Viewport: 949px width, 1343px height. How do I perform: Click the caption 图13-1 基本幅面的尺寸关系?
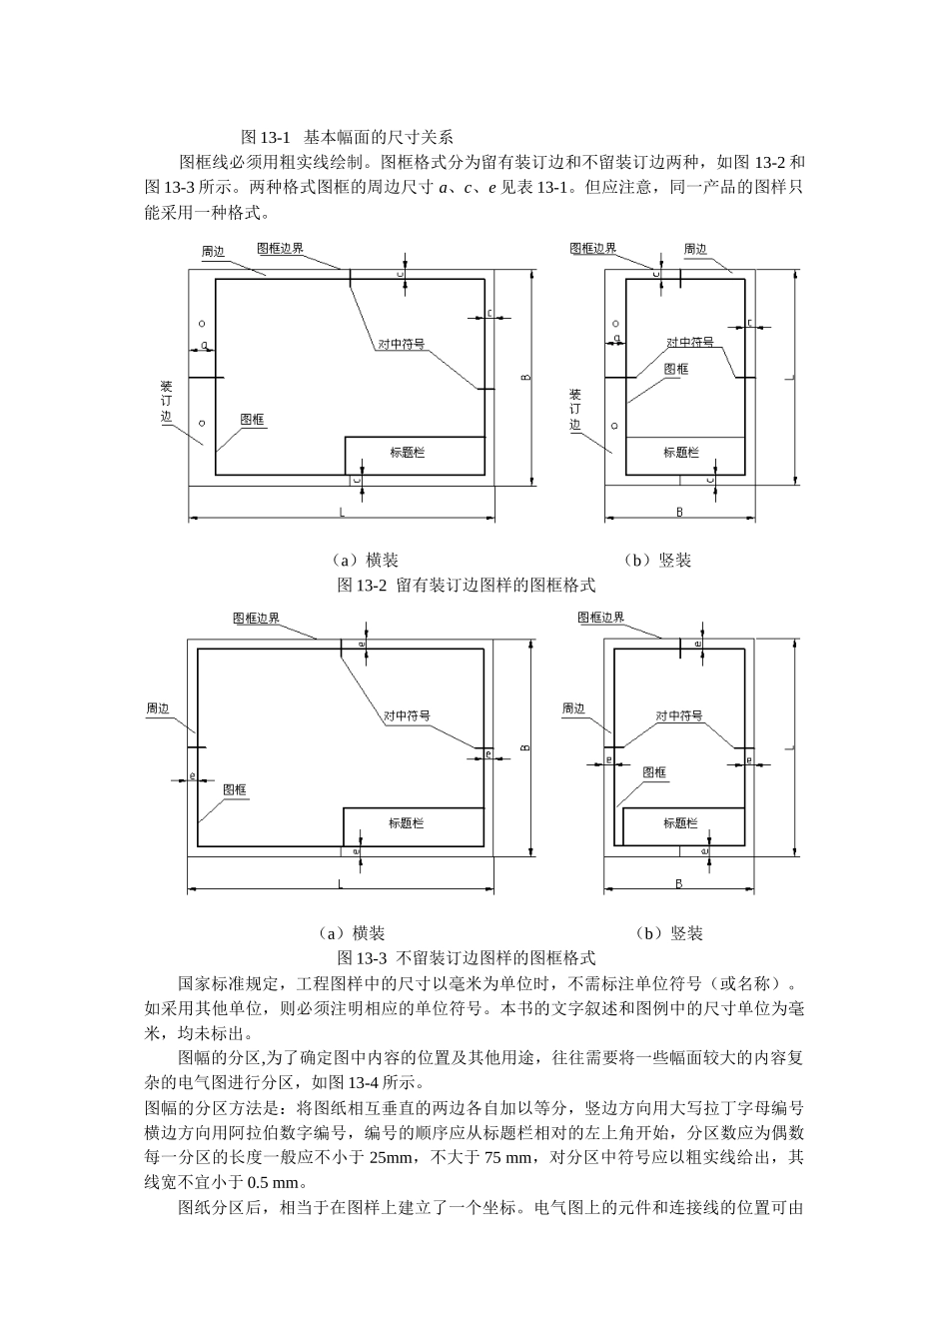[x=347, y=137]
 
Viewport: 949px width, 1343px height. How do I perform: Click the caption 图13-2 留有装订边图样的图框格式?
[x=467, y=586]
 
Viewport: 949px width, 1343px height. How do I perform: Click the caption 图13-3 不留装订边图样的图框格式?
[x=467, y=957]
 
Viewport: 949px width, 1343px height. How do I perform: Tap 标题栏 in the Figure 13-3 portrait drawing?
[x=680, y=823]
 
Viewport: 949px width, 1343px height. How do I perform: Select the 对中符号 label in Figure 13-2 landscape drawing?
[x=401, y=344]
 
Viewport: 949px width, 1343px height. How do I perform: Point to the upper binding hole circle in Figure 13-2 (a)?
[x=202, y=325]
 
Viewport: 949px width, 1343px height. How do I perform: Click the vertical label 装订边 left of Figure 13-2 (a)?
[x=168, y=404]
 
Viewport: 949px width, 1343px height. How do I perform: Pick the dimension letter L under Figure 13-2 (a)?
[x=342, y=512]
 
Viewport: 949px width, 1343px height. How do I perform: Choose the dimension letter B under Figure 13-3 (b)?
[x=679, y=883]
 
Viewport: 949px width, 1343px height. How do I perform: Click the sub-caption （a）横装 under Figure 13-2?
[x=365, y=561]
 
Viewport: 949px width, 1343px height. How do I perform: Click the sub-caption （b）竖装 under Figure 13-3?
[x=669, y=933]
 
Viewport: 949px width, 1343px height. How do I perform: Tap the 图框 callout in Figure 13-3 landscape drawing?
[x=235, y=789]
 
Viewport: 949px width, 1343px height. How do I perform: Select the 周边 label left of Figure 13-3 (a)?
[x=158, y=707]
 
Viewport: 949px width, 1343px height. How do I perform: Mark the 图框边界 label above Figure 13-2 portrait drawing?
[x=592, y=249]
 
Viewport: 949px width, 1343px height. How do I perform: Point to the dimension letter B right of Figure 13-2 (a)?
[x=525, y=377]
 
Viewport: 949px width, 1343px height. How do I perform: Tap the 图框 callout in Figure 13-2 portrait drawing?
[x=676, y=368]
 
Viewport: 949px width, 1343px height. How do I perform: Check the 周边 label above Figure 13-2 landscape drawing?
[x=213, y=252]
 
